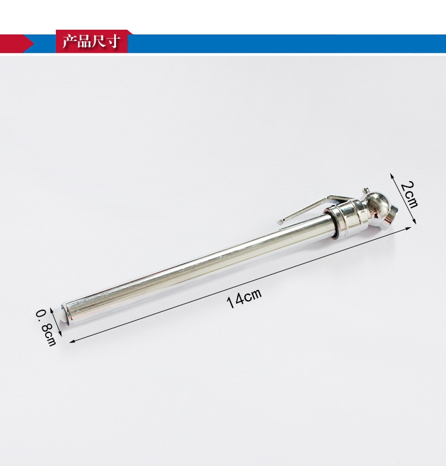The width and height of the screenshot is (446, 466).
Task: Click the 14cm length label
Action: pyautogui.click(x=244, y=298)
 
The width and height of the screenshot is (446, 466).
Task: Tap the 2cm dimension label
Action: pyautogui.click(x=409, y=194)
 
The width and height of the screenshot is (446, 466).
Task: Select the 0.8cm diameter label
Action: pyautogui.click(x=46, y=328)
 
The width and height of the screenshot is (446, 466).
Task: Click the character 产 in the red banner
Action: pyautogui.click(x=70, y=42)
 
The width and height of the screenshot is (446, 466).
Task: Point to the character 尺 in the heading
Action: pyautogui.click(x=99, y=42)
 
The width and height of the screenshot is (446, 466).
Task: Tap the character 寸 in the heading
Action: pyautogui.click(x=113, y=42)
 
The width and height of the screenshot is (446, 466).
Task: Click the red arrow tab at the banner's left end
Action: pyautogui.click(x=17, y=43)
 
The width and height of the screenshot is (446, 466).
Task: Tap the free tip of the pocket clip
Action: pyautogui.click(x=279, y=222)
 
